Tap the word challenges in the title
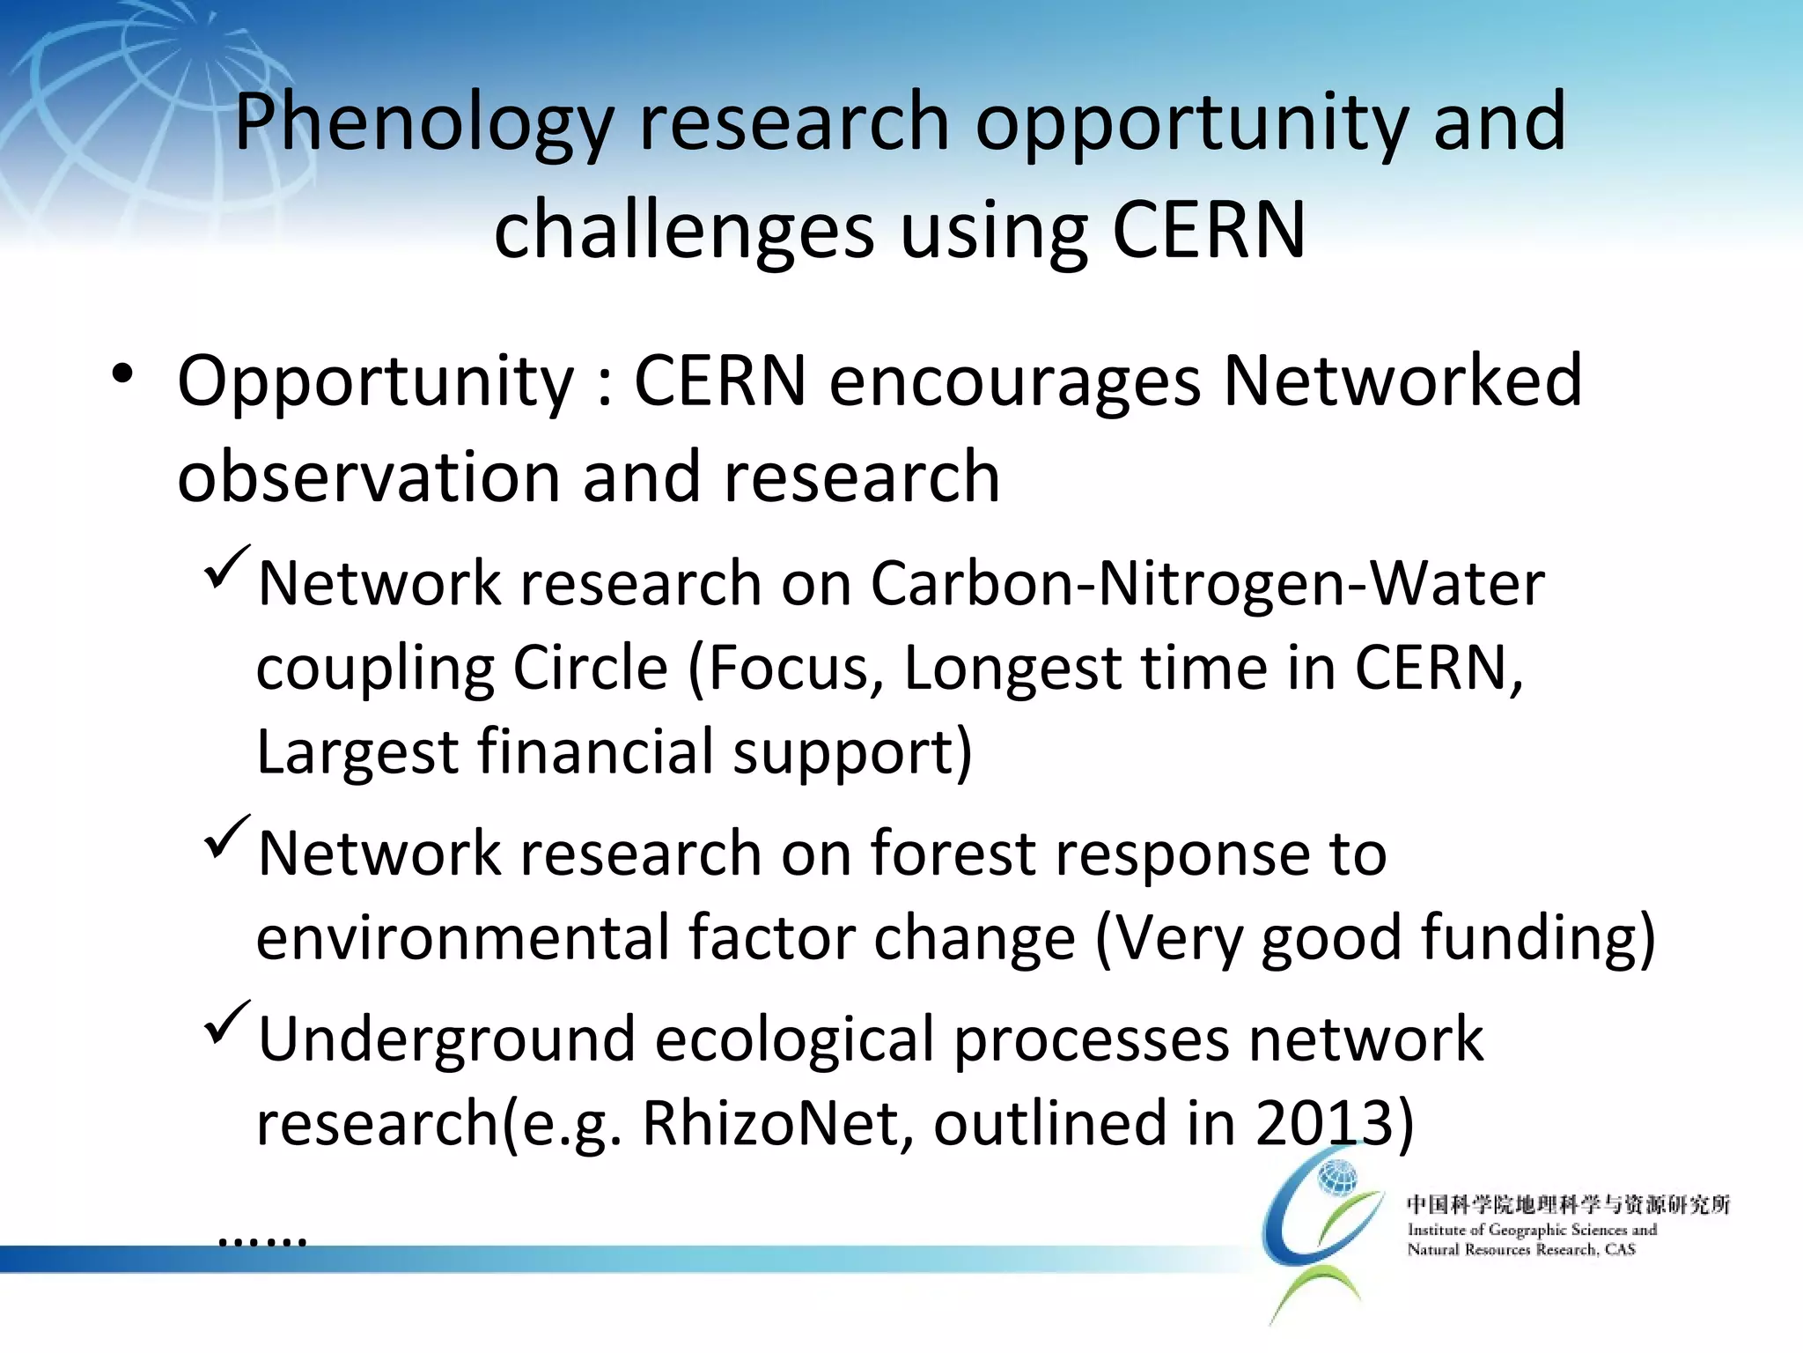(x=684, y=231)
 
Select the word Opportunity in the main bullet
(x=375, y=381)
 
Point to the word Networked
(x=1402, y=381)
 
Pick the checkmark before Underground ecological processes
(x=227, y=1023)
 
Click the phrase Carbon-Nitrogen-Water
(x=1207, y=584)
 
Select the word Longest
(x=1012, y=668)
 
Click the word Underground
(x=446, y=1039)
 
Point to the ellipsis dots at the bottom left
(x=261, y=1241)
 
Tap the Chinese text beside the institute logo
(x=1568, y=1204)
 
